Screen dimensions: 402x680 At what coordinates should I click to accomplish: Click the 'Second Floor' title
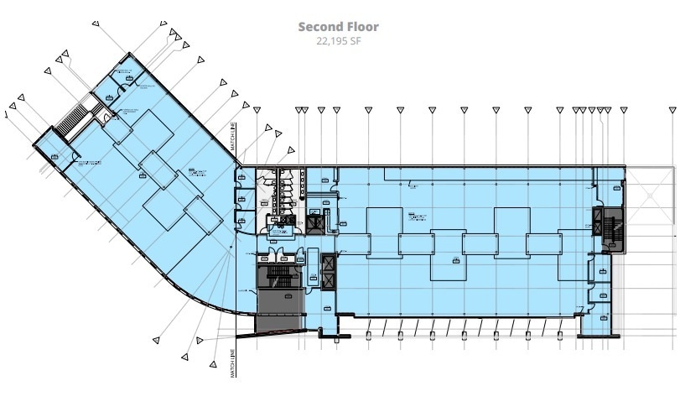tap(339, 27)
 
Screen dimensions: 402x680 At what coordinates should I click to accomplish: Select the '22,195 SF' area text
tap(339, 40)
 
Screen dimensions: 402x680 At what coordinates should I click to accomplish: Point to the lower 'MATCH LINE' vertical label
tap(233, 363)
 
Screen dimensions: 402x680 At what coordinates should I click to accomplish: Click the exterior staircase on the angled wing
tap(73, 119)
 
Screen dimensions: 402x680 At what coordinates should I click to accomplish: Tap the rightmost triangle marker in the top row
tap(672, 110)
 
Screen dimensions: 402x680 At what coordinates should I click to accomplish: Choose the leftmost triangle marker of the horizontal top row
tap(257, 110)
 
